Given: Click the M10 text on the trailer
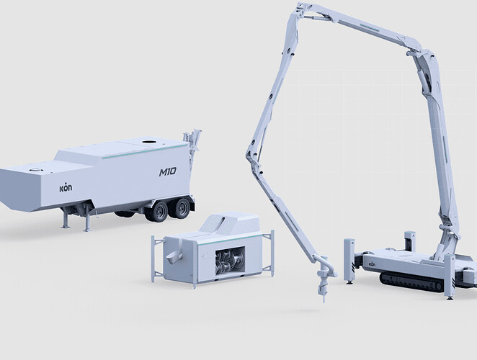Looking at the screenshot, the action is (168, 172).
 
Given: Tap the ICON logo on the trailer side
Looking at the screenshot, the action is (66, 188).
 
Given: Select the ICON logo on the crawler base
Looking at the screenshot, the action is (372, 264).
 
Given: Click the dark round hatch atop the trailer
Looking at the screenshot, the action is (149, 141).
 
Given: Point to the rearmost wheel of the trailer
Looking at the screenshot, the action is (182, 208).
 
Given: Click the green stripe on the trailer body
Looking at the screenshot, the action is (145, 151).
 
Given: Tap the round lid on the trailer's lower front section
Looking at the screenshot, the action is (35, 170).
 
